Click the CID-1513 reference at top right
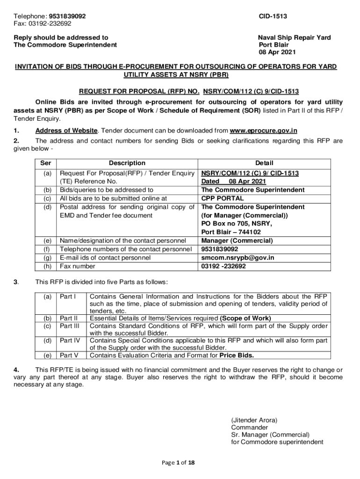point(273,16)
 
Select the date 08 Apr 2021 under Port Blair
point(277,52)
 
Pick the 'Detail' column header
point(264,163)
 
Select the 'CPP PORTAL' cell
point(222,198)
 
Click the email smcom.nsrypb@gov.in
point(238,258)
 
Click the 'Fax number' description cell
point(78,266)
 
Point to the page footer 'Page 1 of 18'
point(178,463)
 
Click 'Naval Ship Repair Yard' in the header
point(295,37)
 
